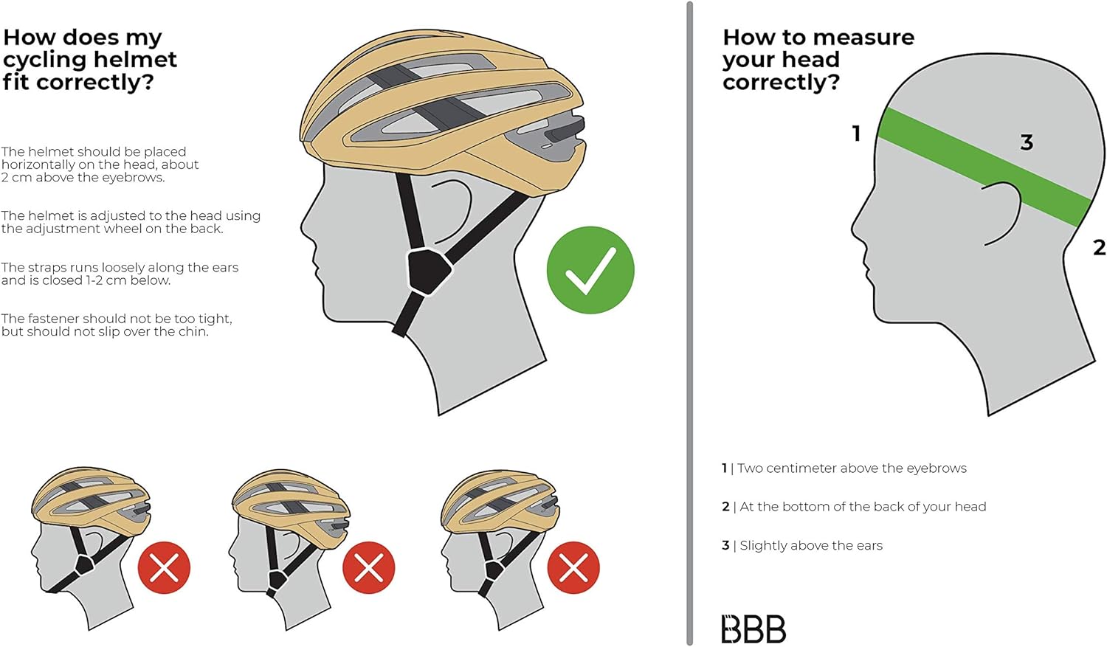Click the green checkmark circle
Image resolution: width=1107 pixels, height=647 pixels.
pyautogui.click(x=590, y=270)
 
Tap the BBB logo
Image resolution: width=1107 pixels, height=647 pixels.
pyautogui.click(x=753, y=629)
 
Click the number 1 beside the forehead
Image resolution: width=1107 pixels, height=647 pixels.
pyautogui.click(x=857, y=134)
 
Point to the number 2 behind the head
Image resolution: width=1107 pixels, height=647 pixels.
pyautogui.click(x=1099, y=247)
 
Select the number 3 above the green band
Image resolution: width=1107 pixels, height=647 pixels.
pyautogui.click(x=1027, y=142)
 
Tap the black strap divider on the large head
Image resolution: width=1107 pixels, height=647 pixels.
pyautogui.click(x=428, y=271)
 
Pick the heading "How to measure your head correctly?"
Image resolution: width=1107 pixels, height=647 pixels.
pyautogui.click(x=818, y=59)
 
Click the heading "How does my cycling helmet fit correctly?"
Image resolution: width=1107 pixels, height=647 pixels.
pyautogui.click(x=89, y=59)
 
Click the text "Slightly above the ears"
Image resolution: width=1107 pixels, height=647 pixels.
pyautogui.click(x=811, y=545)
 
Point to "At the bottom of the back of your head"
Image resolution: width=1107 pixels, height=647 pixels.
pyautogui.click(x=863, y=507)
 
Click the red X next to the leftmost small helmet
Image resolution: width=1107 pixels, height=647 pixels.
pyautogui.click(x=164, y=567)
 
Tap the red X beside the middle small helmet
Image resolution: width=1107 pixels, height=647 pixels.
pyautogui.click(x=369, y=567)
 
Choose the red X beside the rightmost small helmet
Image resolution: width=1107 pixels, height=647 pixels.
pyautogui.click(x=573, y=567)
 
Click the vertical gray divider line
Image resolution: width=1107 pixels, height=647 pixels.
pyautogui.click(x=689, y=323)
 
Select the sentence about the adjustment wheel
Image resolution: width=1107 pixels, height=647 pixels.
pyautogui.click(x=131, y=222)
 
